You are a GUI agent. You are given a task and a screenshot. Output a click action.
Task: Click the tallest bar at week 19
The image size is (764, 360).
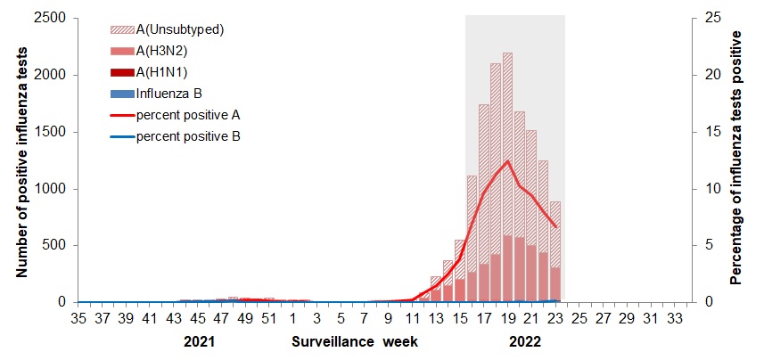point(507,178)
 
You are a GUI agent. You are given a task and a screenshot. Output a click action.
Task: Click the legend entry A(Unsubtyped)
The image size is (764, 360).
point(178,29)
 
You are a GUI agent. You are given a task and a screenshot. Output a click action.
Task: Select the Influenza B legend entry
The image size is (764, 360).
point(169,94)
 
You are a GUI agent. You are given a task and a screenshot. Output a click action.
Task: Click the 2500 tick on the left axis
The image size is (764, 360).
point(51,18)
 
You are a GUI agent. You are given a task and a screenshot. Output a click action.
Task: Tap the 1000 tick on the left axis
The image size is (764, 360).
point(51,189)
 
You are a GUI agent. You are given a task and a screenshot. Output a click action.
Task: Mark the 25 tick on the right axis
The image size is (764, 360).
point(710,18)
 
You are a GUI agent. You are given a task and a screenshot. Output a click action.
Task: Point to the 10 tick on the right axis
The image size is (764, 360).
point(710,189)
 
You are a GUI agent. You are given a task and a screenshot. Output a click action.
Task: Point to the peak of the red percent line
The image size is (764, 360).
point(507,161)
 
